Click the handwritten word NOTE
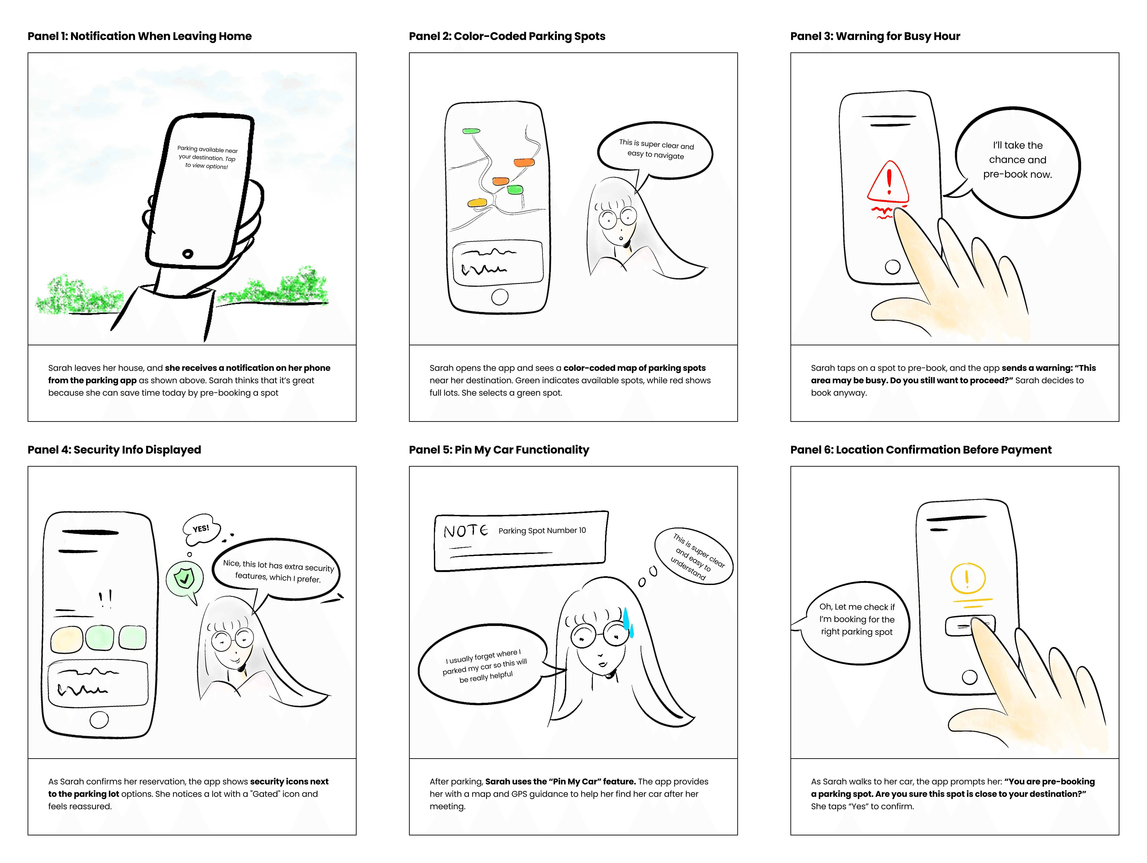(x=465, y=531)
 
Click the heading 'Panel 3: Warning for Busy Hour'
(x=875, y=36)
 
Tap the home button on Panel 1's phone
(x=188, y=253)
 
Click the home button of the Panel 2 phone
(x=499, y=297)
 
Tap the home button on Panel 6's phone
(x=969, y=677)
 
